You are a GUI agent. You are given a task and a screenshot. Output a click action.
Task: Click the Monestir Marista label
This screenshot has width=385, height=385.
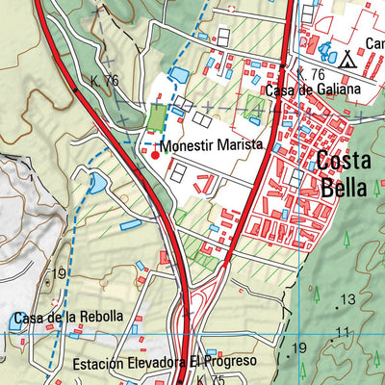(x=212, y=145)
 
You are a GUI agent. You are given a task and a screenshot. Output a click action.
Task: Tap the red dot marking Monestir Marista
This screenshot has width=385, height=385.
(x=155, y=151)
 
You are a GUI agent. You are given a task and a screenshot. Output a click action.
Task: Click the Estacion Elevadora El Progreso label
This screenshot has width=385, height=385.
(x=165, y=362)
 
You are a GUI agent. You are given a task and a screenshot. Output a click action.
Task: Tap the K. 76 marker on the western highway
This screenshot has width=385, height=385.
(x=104, y=80)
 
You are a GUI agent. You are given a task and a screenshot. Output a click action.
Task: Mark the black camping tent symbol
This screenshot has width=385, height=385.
(x=347, y=59)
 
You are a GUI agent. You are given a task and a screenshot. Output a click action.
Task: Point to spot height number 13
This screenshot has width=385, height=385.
(x=347, y=299)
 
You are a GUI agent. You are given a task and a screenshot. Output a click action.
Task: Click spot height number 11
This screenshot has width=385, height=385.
(x=342, y=333)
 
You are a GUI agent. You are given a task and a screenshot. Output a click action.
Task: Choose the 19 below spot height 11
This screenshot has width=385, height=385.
(x=299, y=347)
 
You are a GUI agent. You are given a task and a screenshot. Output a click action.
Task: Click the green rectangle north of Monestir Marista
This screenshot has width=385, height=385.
(x=156, y=117)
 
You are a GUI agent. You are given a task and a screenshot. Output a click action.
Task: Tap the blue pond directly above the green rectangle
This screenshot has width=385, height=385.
(x=178, y=74)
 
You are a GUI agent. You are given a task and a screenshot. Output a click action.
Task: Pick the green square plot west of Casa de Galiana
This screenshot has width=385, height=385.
(x=253, y=104)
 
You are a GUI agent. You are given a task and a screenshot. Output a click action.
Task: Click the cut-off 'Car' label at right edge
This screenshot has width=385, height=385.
(x=374, y=43)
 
